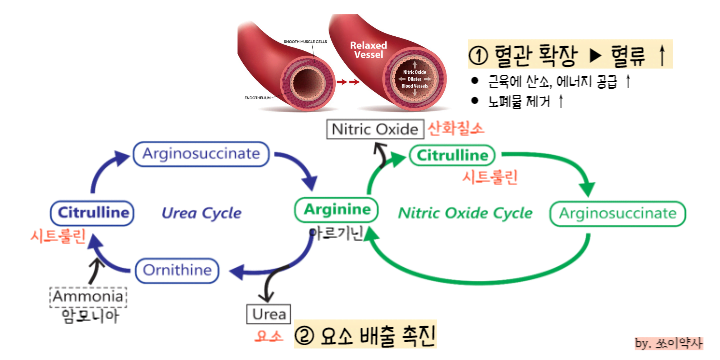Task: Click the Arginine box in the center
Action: [336, 210]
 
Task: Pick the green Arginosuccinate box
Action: [617, 213]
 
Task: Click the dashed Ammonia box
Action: [88, 297]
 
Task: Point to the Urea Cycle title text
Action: [202, 213]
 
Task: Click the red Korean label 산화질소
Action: [456, 129]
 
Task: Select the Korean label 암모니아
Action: [88, 317]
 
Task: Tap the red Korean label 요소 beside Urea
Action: [265, 335]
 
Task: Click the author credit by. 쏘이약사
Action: [669, 343]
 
